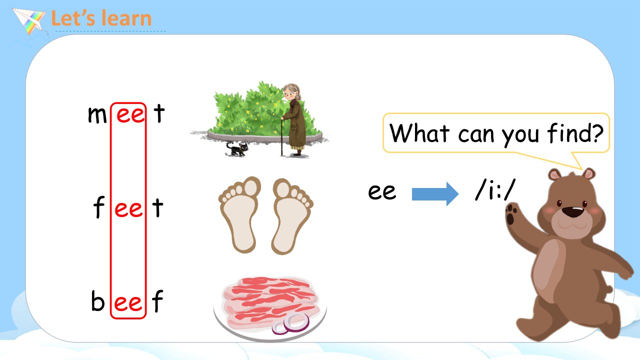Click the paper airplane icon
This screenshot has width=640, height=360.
29,20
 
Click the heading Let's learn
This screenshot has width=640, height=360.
101,18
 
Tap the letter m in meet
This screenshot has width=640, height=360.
97,115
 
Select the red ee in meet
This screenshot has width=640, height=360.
130,115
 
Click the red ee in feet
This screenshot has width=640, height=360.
128,209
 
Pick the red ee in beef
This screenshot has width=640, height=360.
128,303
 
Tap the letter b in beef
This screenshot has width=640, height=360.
97,300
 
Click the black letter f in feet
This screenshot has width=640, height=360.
99,207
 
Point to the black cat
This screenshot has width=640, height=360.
237,149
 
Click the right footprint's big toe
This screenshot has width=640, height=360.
283,188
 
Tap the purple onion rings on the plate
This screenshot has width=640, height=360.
290,324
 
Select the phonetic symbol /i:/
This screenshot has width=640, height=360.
495,189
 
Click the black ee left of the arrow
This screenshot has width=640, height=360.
382,191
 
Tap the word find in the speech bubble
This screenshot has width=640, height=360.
566,132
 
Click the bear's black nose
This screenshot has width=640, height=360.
572,211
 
